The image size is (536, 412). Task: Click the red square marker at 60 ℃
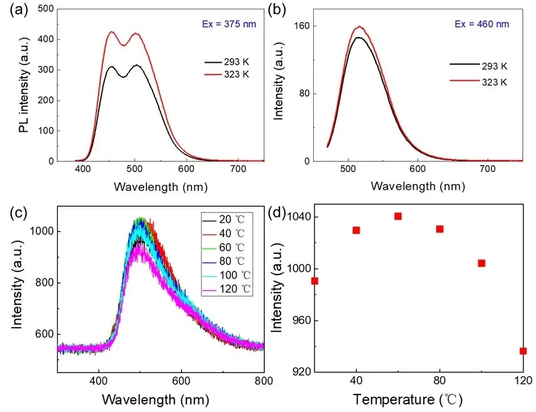tap(398, 217)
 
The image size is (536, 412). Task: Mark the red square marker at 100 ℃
tap(481, 263)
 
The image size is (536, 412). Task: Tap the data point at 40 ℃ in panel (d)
tap(356, 230)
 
